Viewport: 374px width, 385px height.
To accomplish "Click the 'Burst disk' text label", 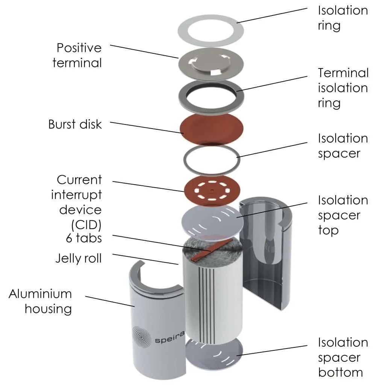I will [75, 124].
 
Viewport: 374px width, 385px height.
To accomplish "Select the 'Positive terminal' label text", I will [77, 55].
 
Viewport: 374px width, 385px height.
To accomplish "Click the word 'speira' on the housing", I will [168, 340].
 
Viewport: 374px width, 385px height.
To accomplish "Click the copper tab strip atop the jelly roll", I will [204, 253].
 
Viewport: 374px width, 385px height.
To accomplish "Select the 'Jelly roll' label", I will [78, 258].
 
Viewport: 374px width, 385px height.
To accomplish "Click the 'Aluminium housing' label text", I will [40, 301].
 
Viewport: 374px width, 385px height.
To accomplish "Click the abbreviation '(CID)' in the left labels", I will [86, 224].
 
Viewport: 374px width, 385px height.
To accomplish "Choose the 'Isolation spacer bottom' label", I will [342, 357].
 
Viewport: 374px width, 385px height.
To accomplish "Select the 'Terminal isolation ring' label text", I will [342, 88].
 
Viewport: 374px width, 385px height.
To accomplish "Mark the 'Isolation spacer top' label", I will [342, 215].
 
